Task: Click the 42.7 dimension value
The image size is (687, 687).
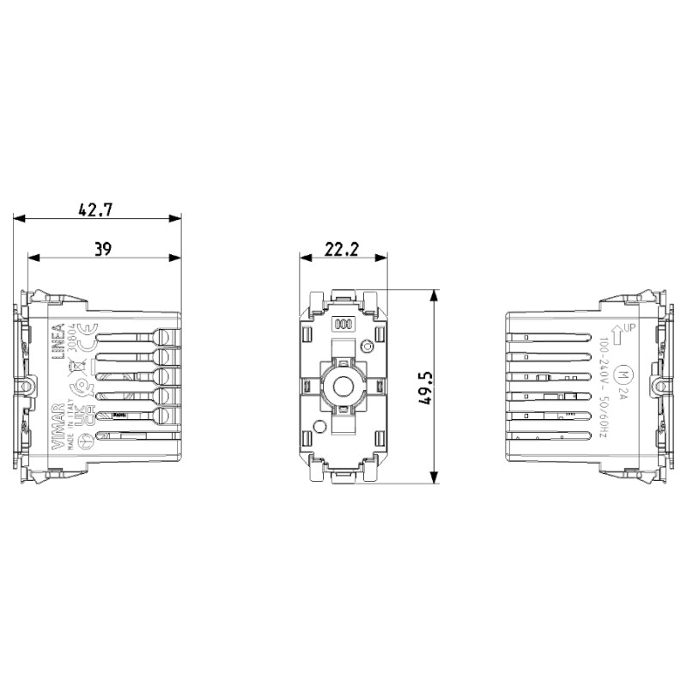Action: (97, 209)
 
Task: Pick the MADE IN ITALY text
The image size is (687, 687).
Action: (71, 421)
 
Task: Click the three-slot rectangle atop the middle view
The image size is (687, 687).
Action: (343, 325)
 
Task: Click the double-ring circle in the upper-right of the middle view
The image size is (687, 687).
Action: (368, 347)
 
